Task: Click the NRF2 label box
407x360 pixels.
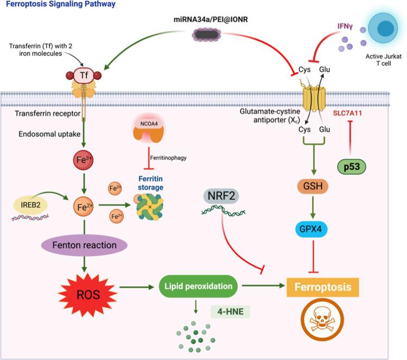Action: point(224,194)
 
